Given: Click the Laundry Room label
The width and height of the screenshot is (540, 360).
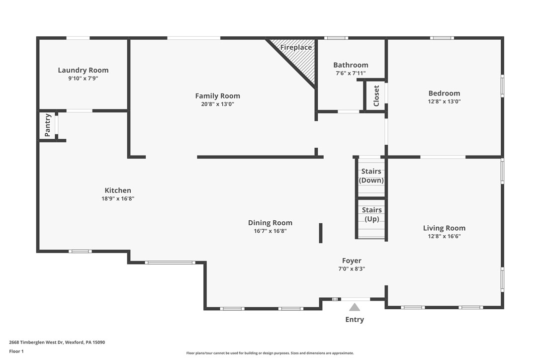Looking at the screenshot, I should pos(83,70).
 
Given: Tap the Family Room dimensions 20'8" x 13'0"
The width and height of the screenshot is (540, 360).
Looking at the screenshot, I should pos(217,104).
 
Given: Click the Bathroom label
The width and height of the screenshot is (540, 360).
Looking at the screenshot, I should pos(351,65).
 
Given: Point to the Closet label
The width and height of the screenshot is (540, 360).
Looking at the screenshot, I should pos(376,95).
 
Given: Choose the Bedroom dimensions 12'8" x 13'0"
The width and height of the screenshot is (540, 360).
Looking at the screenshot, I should pos(444,101).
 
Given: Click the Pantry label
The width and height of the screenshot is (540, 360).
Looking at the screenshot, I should pos(48,125).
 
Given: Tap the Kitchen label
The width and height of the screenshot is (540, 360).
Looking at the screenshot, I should pos(118,190).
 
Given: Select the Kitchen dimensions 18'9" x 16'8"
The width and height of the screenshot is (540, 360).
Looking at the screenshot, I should pos(118,199).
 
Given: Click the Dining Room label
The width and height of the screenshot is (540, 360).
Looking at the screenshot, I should pos(270,223).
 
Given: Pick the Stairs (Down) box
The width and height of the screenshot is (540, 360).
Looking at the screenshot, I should pos(371,176).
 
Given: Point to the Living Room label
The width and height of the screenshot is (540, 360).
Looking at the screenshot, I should pos(444,228).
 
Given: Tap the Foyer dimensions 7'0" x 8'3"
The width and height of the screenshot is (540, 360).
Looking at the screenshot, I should pos(352,269).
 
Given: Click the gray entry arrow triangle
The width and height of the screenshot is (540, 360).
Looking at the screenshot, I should pos(354,308).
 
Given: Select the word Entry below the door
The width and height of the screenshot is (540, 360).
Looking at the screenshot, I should pos(355,320).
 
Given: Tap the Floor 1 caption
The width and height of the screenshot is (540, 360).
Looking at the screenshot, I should pos(16,351).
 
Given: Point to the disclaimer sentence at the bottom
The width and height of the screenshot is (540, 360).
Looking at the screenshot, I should pos(270,353).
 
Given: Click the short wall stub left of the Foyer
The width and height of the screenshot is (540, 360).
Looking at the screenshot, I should pos(321,233).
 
